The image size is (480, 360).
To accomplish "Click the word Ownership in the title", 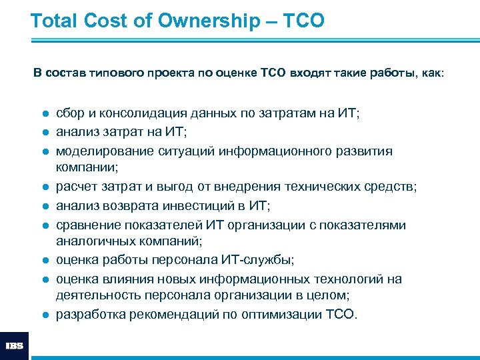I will tap(208, 21).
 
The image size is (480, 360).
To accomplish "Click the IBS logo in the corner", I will tap(15, 345).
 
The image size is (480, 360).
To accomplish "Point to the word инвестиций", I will tap(205, 207).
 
